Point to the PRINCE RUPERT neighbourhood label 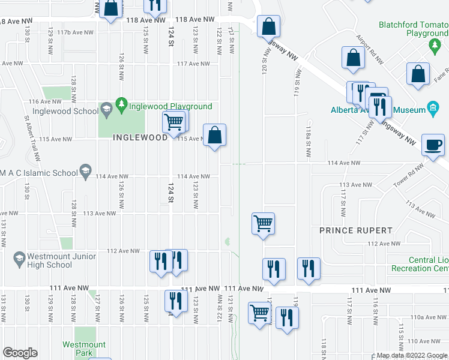pos(356,230)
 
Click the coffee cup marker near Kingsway pos(433,145)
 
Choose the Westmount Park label pos(84,349)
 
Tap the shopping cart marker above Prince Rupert pos(263,224)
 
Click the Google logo pos(20,353)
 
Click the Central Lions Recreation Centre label pos(420,264)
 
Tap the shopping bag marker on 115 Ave pos(215,134)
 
